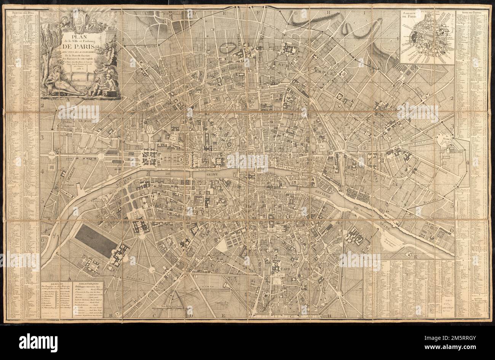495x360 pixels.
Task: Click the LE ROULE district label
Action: [86, 121]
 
